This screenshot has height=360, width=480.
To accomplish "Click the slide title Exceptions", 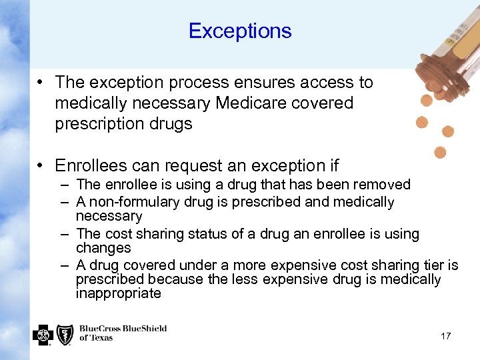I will coord(240,31).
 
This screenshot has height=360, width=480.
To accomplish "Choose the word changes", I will coord(103,248).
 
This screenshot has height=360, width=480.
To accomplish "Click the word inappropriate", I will coord(119,293).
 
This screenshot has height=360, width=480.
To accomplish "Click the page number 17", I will coord(445,336).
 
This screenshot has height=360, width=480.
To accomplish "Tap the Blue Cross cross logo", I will coord(43,334).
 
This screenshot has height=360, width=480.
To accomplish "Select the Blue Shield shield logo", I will coord(65,334).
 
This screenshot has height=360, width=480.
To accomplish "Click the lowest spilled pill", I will coord(440,153).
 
